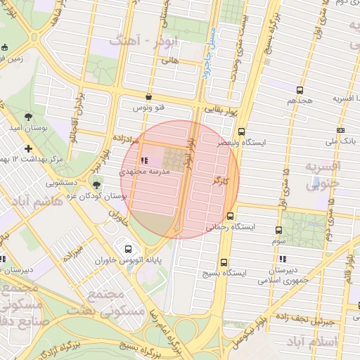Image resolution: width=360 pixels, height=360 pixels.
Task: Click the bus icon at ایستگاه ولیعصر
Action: point(242,131)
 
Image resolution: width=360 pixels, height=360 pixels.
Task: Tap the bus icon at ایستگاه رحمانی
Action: point(231,216)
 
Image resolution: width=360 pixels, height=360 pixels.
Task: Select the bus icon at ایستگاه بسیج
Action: point(224,262)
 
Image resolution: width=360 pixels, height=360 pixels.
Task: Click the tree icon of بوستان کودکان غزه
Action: point(96,185)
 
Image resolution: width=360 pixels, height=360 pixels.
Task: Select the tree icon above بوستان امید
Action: point(28,117)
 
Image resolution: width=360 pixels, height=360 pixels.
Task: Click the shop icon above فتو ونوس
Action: point(148,97)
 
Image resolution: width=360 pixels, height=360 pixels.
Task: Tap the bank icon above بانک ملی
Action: point(341,131)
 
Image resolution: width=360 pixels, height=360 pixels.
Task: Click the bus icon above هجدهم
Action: point(300,90)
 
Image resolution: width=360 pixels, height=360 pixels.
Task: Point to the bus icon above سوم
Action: point(279,229)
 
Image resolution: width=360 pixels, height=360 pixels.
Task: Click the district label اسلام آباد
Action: point(314,342)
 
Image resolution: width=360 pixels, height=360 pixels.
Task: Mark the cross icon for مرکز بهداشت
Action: point(28,148)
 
